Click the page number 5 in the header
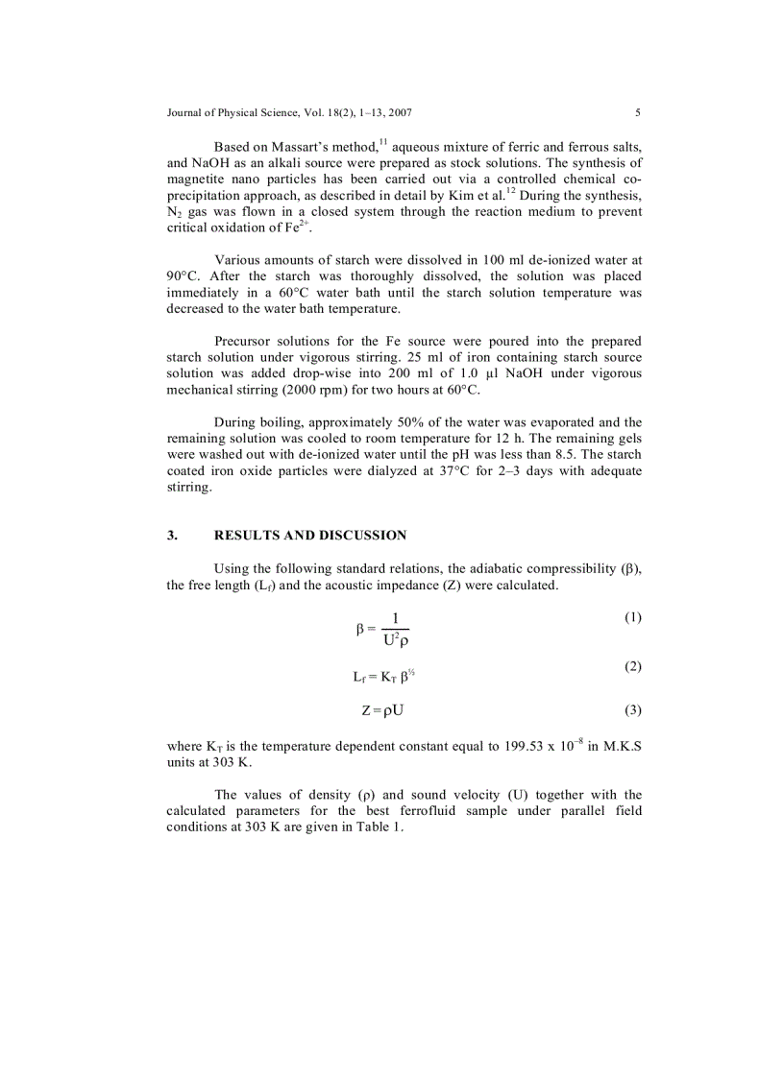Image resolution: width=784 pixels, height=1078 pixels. tap(638, 112)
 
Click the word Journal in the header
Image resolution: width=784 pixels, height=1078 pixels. tap(186, 112)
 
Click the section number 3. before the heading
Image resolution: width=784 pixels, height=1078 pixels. tap(173, 536)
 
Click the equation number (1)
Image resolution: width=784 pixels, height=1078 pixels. tap(632, 617)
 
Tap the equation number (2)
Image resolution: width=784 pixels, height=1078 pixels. tap(632, 666)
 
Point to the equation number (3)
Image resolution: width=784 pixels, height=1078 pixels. tap(632, 710)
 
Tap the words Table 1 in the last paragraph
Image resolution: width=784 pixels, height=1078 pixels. tap(381, 829)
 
